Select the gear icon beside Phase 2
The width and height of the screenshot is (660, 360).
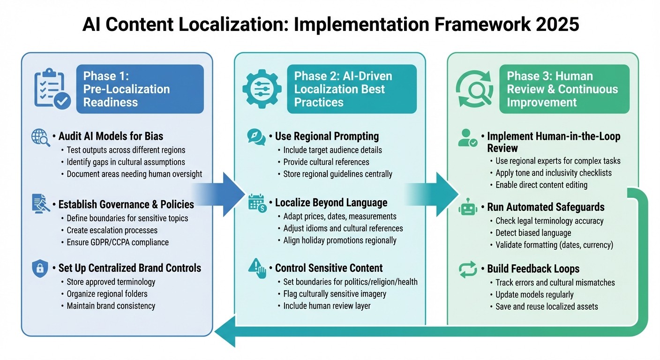[x=262, y=89]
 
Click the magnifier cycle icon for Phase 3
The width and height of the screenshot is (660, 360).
[x=474, y=90]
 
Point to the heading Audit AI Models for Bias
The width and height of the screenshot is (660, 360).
[x=111, y=136]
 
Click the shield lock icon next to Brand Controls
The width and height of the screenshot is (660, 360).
[x=40, y=269]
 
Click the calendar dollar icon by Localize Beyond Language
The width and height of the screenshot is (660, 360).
[x=257, y=203]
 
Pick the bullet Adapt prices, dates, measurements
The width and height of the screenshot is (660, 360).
[x=340, y=217]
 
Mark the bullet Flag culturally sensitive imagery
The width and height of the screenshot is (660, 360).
[x=335, y=294]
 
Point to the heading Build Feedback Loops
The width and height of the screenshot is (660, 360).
[x=533, y=269]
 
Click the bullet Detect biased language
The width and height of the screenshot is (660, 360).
[x=533, y=233]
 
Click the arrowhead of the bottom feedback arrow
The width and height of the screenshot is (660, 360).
[x=225, y=331]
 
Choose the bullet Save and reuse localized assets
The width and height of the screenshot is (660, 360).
[x=547, y=307]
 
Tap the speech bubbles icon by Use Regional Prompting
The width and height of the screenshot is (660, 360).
[x=256, y=137]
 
